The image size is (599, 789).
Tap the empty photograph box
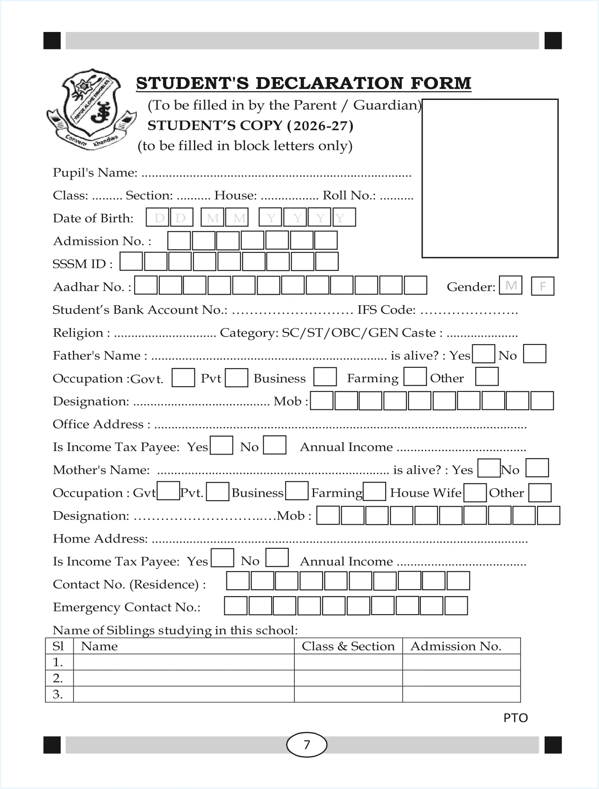pos(490,178)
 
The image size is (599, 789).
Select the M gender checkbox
pos(510,286)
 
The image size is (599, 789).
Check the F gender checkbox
pos(542,286)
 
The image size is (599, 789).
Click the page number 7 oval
pos(307,744)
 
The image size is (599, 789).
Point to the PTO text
pos(516,718)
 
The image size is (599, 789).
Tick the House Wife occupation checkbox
pos(475,493)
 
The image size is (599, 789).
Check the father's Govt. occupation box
pos(183,378)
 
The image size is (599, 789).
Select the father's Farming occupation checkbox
pos(415,377)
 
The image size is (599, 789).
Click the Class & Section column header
pos(348,646)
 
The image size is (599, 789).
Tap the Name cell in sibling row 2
pos(183,678)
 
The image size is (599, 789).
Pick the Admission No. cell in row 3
pos(461,694)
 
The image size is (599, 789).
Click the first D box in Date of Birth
pos(158,217)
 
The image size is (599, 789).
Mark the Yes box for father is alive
pos(483,354)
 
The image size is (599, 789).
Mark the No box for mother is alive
pos(537,468)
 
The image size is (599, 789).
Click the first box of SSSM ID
pos(131,262)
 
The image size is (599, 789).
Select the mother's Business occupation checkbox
pos(297,491)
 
